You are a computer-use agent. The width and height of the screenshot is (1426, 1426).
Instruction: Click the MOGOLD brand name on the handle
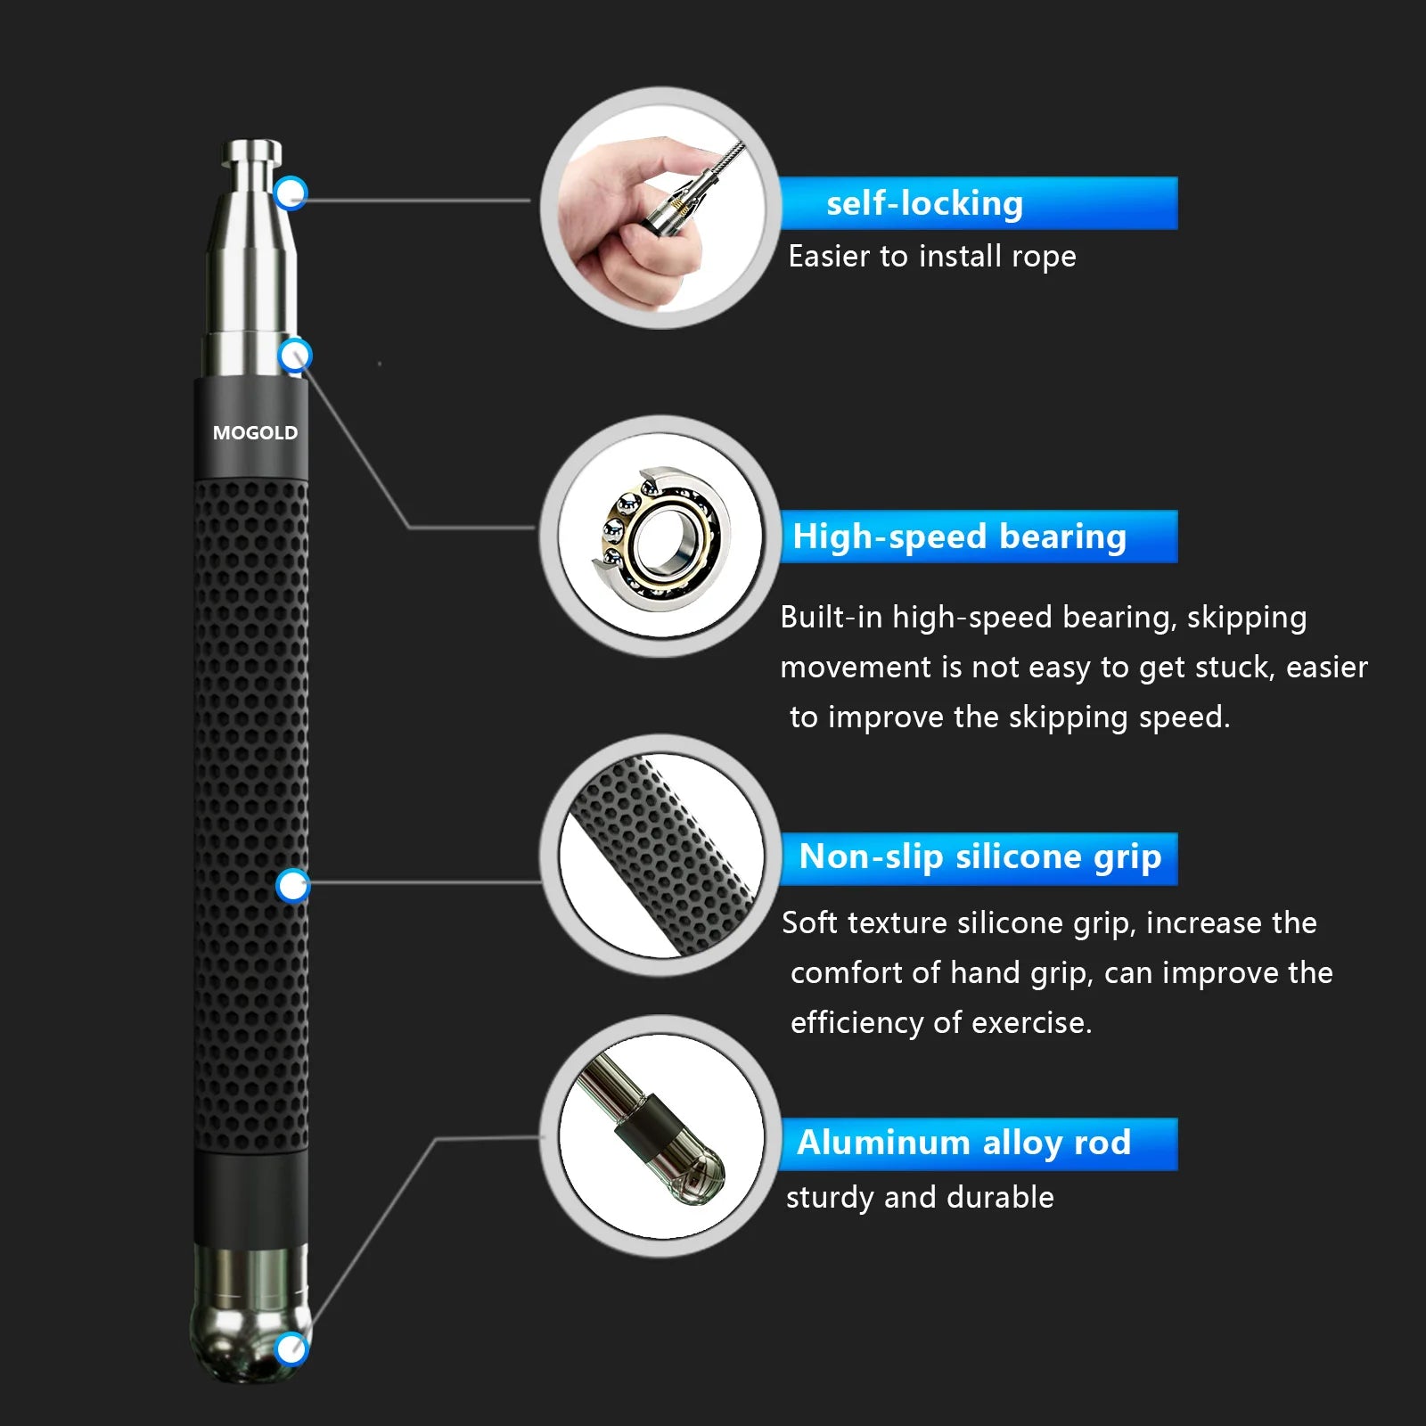255,433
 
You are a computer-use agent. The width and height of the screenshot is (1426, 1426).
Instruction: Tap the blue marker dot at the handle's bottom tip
291,1348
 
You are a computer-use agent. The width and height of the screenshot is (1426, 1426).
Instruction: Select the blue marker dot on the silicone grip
292,886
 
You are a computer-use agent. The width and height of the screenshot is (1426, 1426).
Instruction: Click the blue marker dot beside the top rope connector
291,193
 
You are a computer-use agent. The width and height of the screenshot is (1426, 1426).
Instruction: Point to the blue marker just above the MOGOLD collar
295,356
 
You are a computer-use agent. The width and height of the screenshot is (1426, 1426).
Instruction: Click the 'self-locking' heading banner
978,203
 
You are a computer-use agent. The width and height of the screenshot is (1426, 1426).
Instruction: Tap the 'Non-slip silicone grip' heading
979,857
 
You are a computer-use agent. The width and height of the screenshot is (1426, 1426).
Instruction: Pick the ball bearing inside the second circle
661,535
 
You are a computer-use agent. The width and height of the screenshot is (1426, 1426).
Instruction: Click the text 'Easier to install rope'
931,257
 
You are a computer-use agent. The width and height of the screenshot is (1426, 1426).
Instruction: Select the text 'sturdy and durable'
919,1197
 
